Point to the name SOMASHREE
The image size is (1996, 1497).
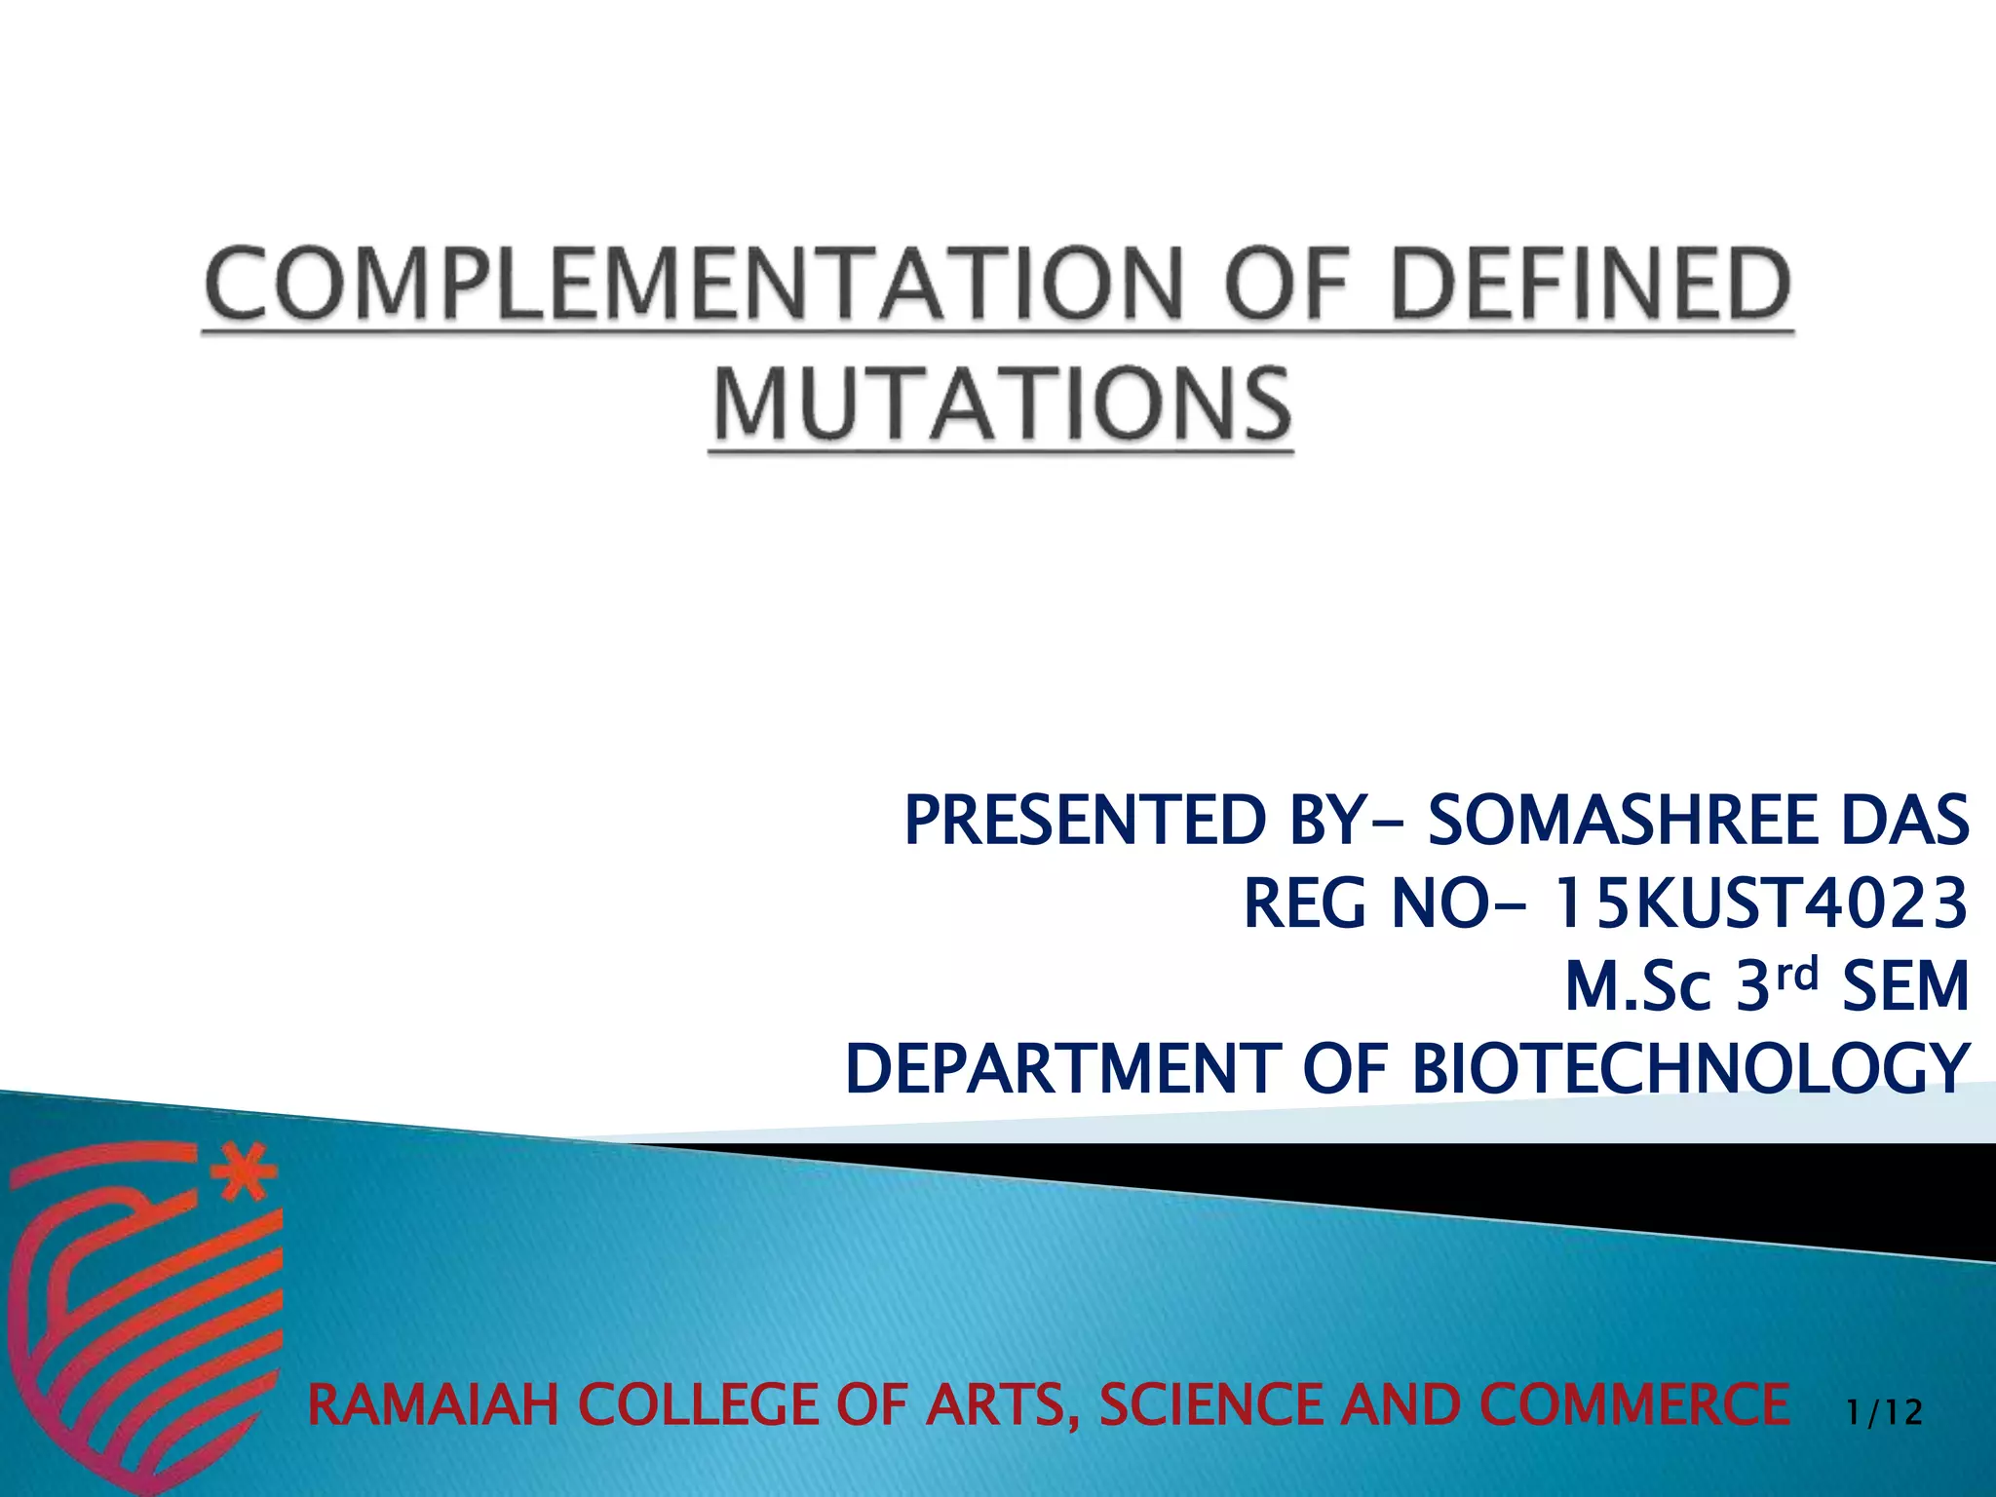(1622, 821)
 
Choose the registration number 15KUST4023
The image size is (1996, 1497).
(1758, 903)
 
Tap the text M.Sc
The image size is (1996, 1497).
(1637, 986)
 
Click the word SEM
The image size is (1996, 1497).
(1905, 986)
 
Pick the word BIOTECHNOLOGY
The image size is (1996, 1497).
(1690, 1069)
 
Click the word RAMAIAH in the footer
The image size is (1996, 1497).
(433, 1405)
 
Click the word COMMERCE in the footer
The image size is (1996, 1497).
(1633, 1405)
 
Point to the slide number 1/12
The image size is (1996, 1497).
(1884, 1412)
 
